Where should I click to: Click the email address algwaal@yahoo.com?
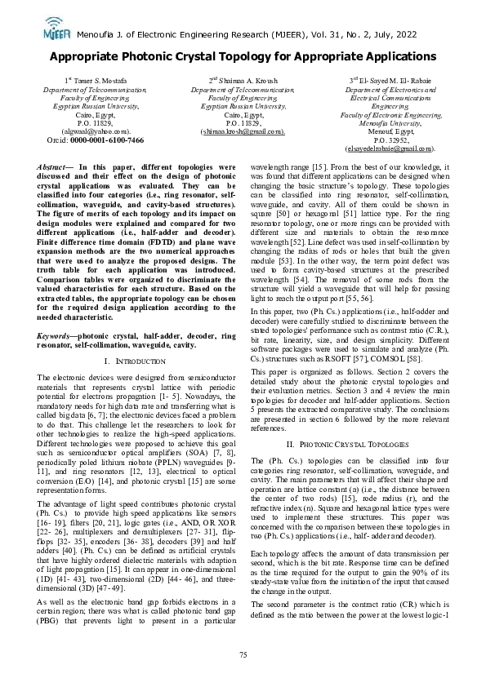(96, 131)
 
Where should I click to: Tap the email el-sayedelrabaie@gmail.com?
(390, 148)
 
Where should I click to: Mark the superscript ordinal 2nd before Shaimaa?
(212, 81)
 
